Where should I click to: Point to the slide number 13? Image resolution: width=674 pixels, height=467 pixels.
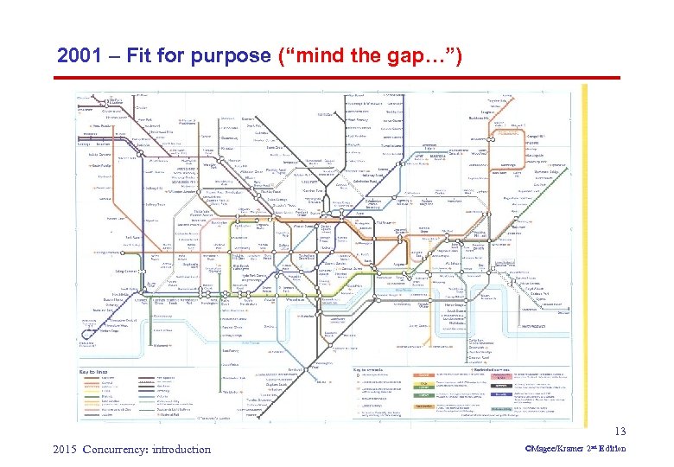point(619,432)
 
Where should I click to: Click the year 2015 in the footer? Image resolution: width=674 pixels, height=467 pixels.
point(66,449)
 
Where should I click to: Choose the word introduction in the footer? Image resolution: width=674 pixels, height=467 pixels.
point(179,449)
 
